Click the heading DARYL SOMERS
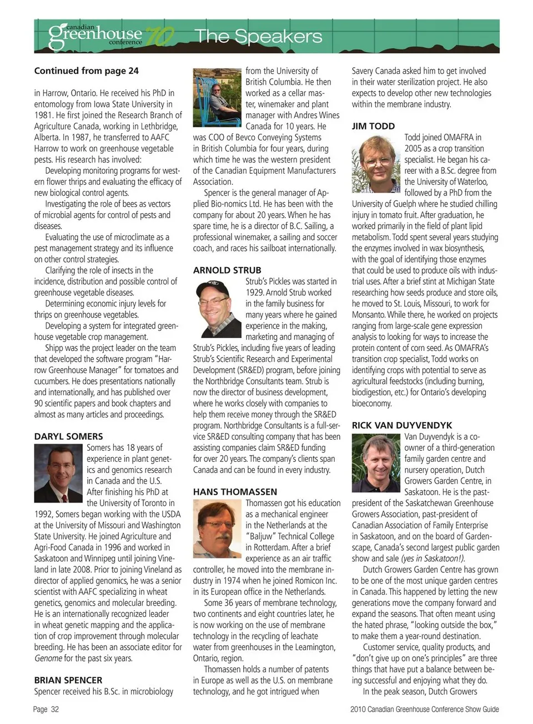click(68, 436)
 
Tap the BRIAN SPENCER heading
click(68, 680)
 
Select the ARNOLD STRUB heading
click(227, 270)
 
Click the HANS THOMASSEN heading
click(235, 492)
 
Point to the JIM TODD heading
click(373, 126)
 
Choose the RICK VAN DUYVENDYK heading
click(402, 425)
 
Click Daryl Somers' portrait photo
click(58, 473)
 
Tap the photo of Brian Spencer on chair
click(217, 98)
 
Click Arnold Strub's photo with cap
click(217, 306)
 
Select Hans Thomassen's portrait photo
click(217, 528)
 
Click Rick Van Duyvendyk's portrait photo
click(376, 463)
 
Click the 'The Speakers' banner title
click(259, 37)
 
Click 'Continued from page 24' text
click(87, 71)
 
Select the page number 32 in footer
click(54, 709)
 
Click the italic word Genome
click(48, 658)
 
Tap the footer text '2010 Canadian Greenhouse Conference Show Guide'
click(425, 709)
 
